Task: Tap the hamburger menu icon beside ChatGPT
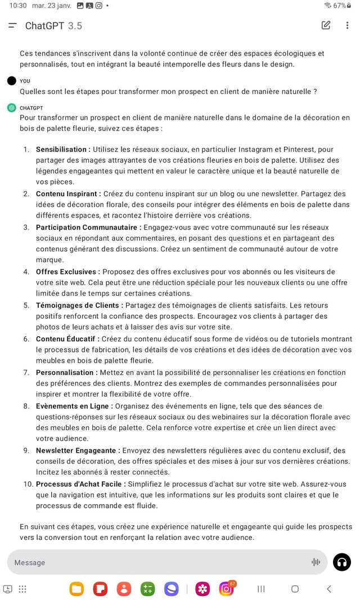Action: click(12, 25)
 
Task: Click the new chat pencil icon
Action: click(326, 25)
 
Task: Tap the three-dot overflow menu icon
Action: click(347, 25)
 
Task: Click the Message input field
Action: click(157, 562)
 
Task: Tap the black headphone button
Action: click(342, 562)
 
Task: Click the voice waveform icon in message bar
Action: click(316, 562)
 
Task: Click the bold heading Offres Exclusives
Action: click(68, 272)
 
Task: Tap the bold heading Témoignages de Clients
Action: click(79, 305)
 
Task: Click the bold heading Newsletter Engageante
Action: click(78, 450)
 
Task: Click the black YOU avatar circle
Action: click(12, 81)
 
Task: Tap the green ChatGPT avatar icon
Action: click(12, 108)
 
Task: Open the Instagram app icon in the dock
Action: click(227, 589)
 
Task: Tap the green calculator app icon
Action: click(148, 589)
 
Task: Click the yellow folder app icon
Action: click(76, 589)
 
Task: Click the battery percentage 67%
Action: click(340, 6)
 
